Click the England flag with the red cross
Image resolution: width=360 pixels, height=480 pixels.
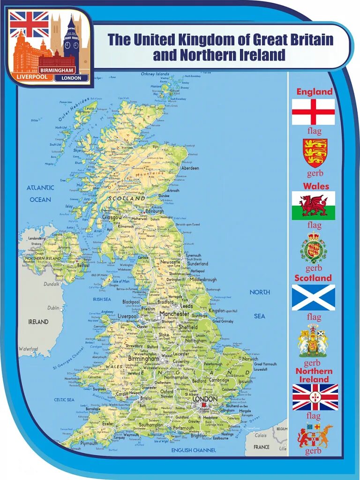click(313, 112)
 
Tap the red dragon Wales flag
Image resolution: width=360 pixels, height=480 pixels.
click(313, 205)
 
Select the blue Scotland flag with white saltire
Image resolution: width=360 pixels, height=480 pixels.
click(313, 298)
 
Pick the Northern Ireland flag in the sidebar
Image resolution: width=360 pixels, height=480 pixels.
click(315, 397)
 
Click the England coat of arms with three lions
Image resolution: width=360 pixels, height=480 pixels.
click(315, 153)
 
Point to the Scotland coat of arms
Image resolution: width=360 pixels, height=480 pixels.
click(313, 341)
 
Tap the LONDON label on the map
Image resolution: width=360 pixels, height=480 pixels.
click(205, 399)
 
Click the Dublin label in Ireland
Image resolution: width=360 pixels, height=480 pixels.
click(53, 308)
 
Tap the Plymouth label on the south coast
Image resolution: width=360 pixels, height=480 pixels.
click(89, 442)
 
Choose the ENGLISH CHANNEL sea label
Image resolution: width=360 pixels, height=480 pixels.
click(194, 450)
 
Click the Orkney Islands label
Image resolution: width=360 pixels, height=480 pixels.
click(155, 74)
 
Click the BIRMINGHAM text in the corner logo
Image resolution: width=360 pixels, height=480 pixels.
click(58, 70)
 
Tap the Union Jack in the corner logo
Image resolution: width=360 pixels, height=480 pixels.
click(29, 24)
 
